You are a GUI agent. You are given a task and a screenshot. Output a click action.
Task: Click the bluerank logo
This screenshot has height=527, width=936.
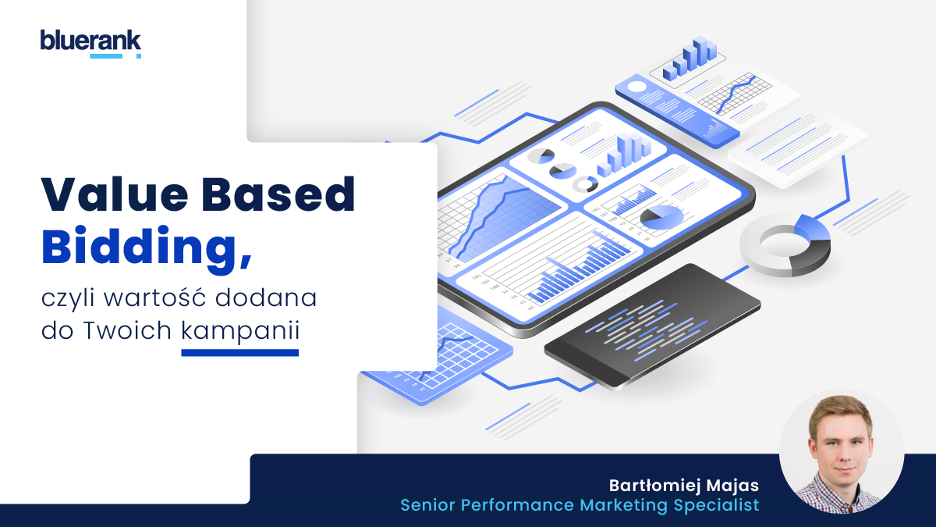coord(90,44)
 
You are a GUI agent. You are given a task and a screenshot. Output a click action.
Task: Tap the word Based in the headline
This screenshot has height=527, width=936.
coord(278,194)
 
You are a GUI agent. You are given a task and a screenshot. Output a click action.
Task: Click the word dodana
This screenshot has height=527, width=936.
coord(266,297)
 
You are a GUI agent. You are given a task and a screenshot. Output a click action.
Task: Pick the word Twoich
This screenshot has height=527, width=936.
coord(127,330)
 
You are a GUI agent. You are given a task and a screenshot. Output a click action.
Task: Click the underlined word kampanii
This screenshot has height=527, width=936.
coord(240,331)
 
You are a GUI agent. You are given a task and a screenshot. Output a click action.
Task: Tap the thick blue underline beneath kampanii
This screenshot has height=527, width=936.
coord(240,353)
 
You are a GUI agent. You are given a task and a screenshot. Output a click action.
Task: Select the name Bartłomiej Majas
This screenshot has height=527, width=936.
coord(683,486)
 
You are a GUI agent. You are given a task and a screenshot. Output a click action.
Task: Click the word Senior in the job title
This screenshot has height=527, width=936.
coord(427,505)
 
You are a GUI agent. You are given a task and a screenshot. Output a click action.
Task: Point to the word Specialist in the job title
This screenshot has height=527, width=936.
coord(716,505)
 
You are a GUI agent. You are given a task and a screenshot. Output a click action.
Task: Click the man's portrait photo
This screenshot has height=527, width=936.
coord(842,451)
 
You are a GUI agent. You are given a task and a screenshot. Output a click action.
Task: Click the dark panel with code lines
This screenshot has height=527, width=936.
coord(652,326)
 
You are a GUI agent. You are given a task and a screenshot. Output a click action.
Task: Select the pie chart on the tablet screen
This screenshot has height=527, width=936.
coord(661,217)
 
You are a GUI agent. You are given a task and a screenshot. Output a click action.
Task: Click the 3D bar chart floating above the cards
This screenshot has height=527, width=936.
coord(690,59)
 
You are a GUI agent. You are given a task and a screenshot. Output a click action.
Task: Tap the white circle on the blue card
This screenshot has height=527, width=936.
coord(636,87)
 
